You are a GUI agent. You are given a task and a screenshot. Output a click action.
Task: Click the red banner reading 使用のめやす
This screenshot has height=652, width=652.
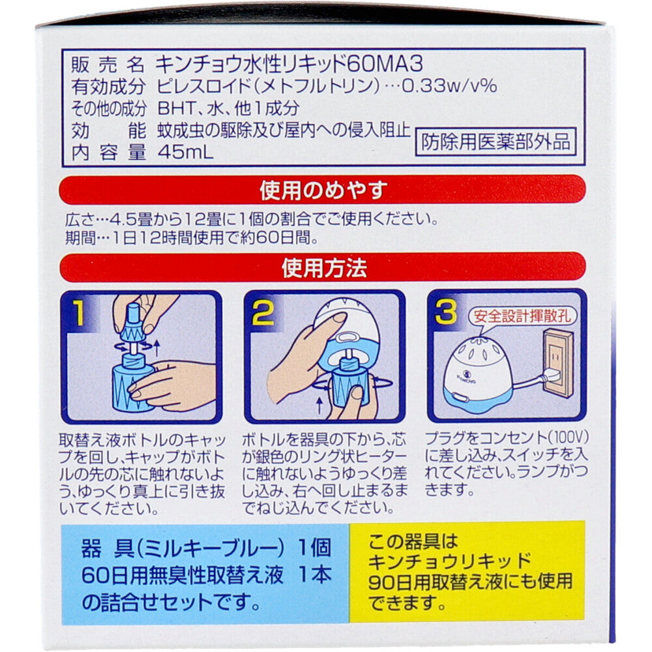(x=324, y=190)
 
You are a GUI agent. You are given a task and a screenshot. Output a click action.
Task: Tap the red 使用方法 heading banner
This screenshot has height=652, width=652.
(x=324, y=267)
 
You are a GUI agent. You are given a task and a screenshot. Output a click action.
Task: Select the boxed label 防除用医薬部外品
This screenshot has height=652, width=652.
(x=496, y=141)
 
